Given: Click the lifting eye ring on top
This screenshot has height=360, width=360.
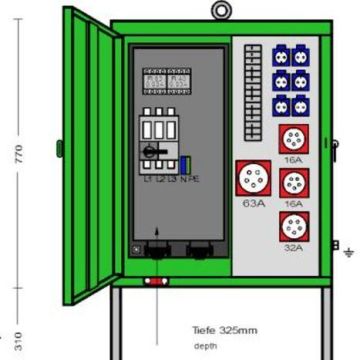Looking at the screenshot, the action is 219,10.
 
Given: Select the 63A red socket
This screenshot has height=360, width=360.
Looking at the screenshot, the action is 252,179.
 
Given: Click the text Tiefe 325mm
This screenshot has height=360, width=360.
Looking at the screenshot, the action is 225,328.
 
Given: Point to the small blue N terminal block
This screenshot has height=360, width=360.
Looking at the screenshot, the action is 186,164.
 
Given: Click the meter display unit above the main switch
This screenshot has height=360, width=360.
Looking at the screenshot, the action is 166,81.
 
